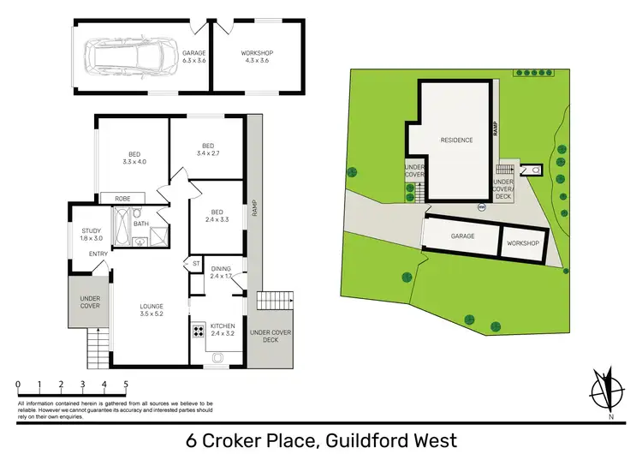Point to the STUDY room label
pos(92,234)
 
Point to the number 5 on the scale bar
pos(126,385)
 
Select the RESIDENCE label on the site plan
pos(456,140)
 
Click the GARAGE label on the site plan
pos(463,236)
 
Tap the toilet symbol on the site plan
pos(536,170)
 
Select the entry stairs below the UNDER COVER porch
pos(98,347)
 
